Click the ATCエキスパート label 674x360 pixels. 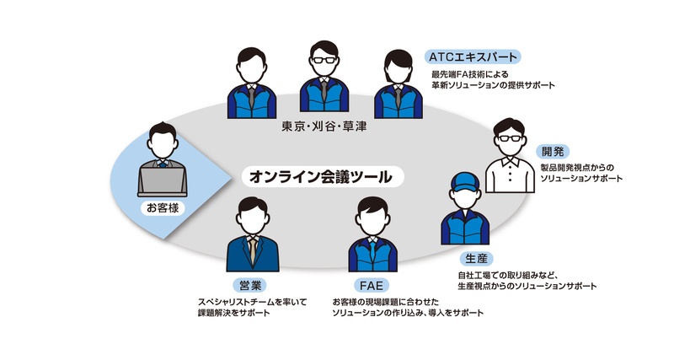pos(473,57)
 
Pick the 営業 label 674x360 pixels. pos(250,284)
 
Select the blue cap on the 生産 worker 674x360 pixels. pos(464,181)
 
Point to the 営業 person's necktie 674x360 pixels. pos(251,248)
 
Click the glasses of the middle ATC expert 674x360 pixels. pos(324,60)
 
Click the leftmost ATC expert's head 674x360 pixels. pos(249,63)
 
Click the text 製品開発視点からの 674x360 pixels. pos(580,168)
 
